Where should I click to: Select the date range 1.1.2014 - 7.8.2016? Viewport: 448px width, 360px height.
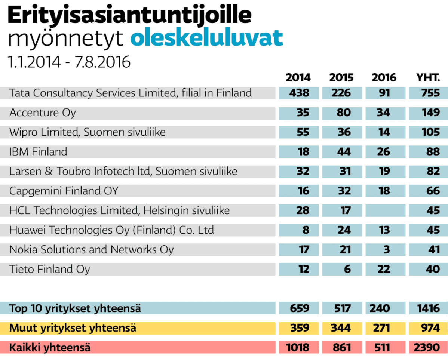click(69, 62)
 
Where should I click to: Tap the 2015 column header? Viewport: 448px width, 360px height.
click(341, 77)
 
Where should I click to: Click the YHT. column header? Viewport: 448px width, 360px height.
click(428, 77)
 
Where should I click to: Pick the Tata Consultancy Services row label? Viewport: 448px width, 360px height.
click(131, 93)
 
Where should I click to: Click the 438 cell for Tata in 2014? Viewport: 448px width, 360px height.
click(300, 93)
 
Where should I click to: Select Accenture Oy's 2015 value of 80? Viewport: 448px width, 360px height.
click(341, 113)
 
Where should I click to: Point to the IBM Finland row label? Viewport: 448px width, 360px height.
click(38, 152)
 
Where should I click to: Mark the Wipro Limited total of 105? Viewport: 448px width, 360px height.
click(428, 132)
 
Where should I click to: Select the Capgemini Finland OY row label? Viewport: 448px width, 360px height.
click(64, 191)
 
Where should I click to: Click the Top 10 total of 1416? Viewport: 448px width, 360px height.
click(428, 308)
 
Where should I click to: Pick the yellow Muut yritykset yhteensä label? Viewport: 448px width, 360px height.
click(73, 328)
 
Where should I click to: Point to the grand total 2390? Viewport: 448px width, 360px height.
click(428, 348)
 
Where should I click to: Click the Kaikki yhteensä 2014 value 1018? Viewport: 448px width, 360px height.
click(300, 348)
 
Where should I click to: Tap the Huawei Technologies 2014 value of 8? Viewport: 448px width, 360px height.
click(300, 230)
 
